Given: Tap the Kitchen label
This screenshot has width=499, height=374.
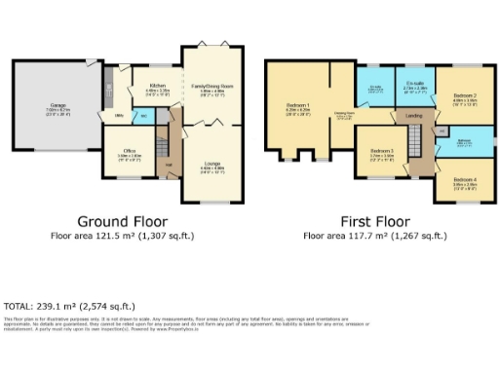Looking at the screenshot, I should pos(157,86).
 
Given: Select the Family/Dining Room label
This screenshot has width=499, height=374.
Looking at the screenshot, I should pos(211,86).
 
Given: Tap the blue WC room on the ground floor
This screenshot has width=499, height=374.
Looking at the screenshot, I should pos(143,116).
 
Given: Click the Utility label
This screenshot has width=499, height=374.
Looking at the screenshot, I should pos(118,116).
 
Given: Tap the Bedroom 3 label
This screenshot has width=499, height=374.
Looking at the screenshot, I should pos(381,152).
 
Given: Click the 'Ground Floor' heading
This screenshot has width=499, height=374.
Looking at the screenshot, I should pos(123,221).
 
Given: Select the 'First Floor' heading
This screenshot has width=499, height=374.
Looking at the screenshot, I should pos(375,221).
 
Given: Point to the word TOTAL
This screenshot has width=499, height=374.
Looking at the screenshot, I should pos(18,304).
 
